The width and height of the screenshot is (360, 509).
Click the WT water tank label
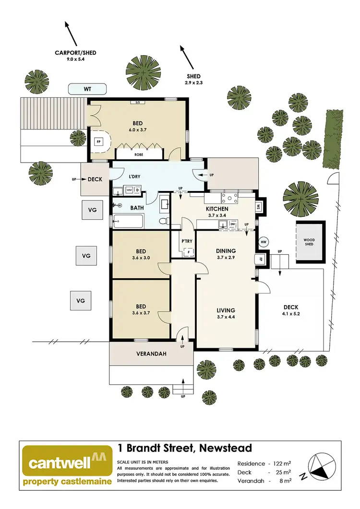pyautogui.click(x=87, y=89)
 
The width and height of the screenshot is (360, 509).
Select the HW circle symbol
pyautogui.click(x=263, y=242)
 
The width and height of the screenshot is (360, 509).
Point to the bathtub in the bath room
pyautogui.click(x=128, y=222)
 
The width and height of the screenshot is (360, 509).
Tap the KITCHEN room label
pyautogui.click(x=216, y=209)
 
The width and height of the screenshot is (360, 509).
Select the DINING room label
pyautogui.click(x=226, y=251)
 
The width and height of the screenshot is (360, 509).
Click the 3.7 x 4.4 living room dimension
pyautogui.click(x=226, y=316)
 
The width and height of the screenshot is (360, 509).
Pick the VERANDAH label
pyautogui.click(x=151, y=354)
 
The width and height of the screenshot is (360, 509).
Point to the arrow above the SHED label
pyautogui.click(x=188, y=57)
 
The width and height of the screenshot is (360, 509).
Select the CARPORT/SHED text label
pyautogui.click(x=75, y=53)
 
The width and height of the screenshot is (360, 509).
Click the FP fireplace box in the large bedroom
pyautogui.click(x=99, y=142)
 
